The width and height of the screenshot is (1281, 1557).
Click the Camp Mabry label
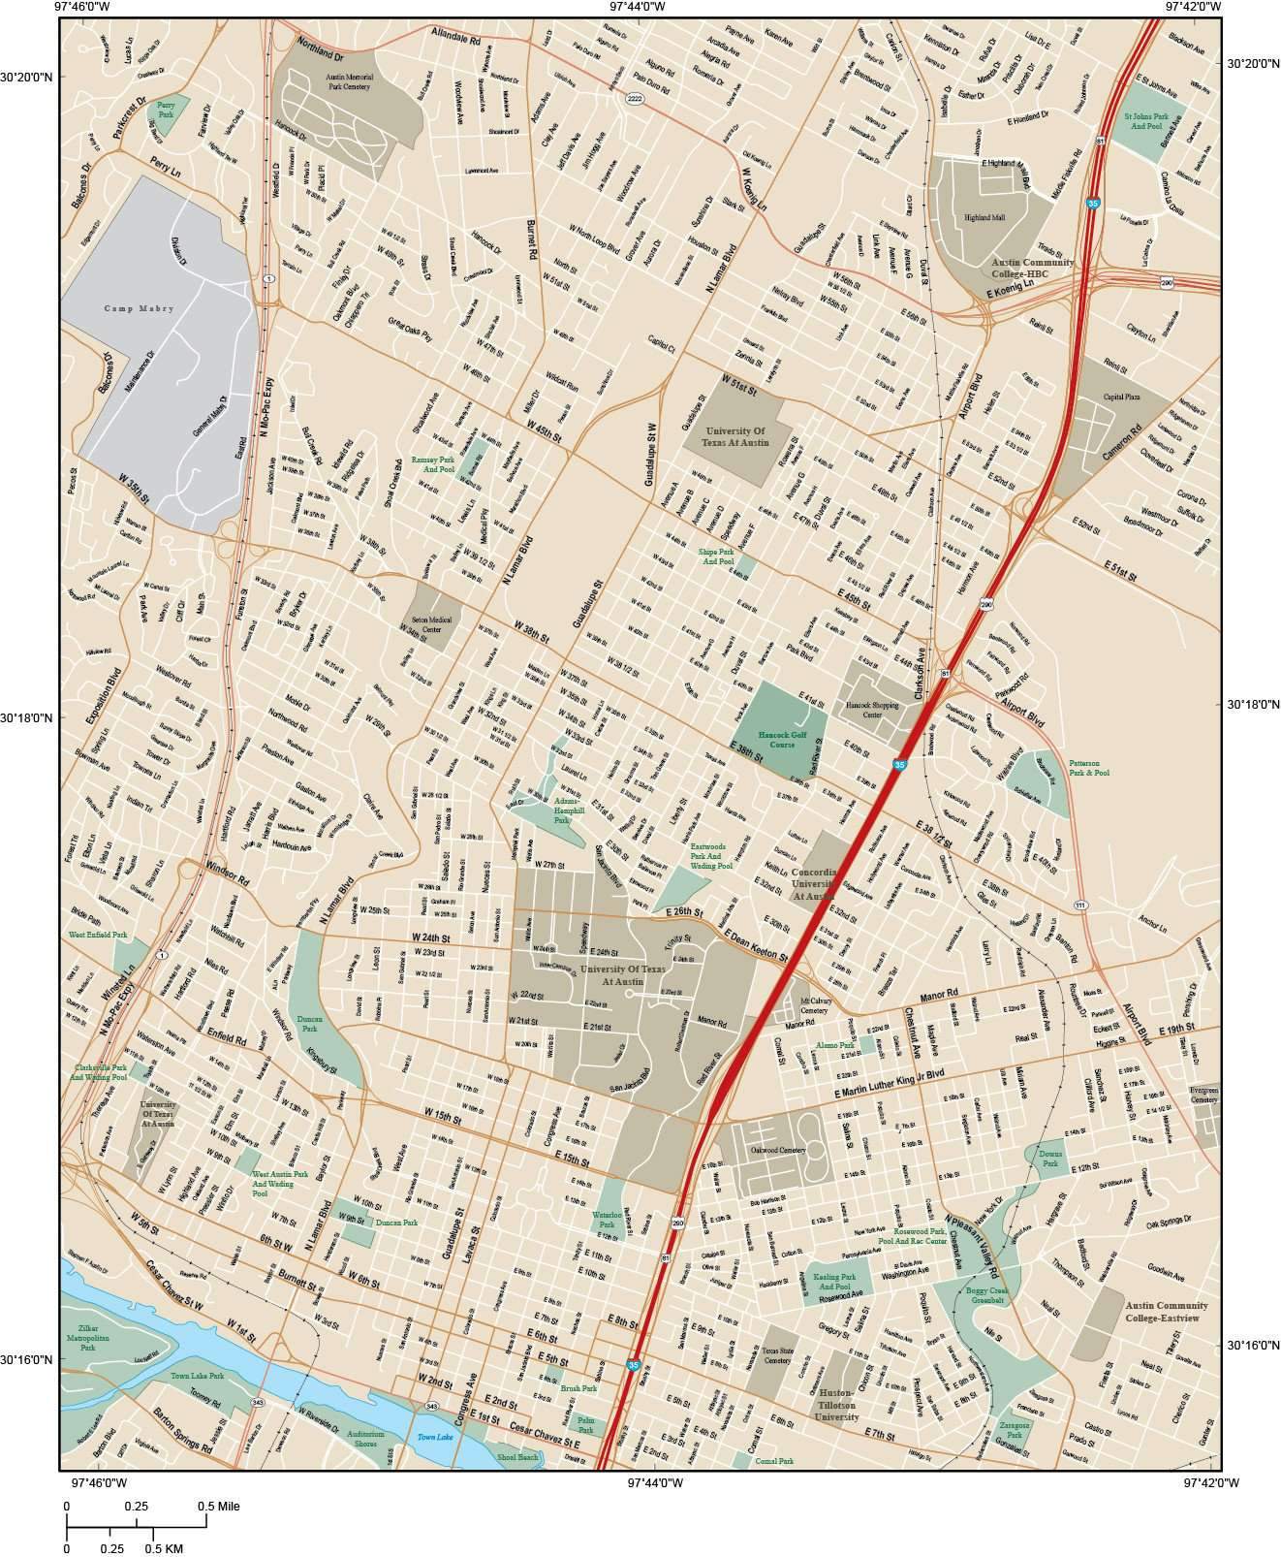pos(139,308)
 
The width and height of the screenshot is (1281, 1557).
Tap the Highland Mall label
pos(984,217)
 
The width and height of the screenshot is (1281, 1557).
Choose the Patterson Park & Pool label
pos(1088,768)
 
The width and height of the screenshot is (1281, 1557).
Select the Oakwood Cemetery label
pos(778,1150)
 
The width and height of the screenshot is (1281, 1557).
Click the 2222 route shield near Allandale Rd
pos(635,99)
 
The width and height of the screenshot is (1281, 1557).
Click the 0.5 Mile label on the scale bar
pos(218,1507)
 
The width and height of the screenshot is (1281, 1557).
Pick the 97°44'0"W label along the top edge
pos(638,7)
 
